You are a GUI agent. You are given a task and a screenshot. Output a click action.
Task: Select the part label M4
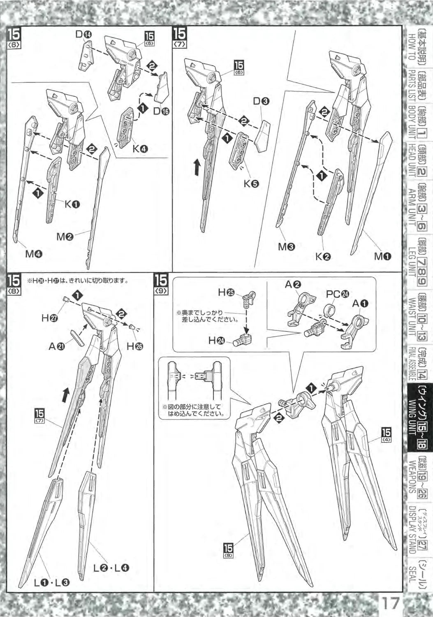pos(34,254)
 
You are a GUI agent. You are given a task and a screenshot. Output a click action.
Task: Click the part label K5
pos(250,184)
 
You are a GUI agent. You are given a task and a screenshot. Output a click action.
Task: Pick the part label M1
pos(382,257)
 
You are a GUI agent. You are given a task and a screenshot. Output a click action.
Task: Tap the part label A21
pos(57,347)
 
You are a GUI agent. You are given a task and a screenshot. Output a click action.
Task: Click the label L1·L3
pos(51,582)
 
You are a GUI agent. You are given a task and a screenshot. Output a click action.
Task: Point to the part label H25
pos(226,292)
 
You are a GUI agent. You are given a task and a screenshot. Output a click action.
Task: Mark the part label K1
pos(72,204)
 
